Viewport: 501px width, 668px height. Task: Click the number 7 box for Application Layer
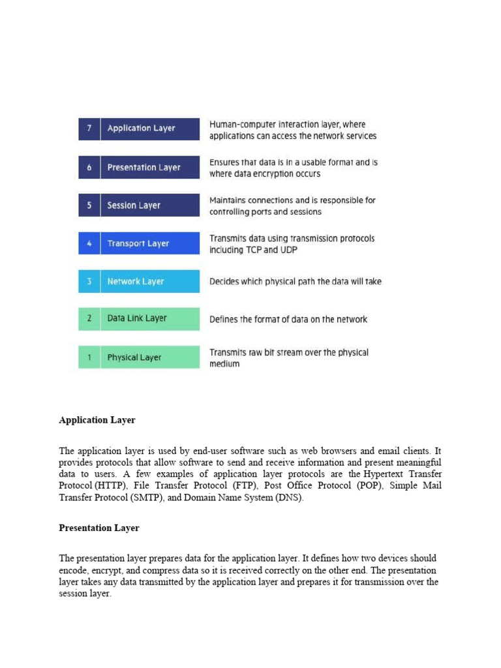[x=89, y=129]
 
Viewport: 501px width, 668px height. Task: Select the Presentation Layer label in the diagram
[x=144, y=168]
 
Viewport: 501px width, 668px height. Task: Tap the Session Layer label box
[x=134, y=205]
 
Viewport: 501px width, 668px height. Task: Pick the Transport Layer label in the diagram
[x=138, y=243]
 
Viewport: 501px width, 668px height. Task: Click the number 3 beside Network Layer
[x=89, y=282]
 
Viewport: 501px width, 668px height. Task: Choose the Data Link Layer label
[x=137, y=318]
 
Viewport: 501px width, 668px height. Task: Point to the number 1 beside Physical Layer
[x=89, y=357]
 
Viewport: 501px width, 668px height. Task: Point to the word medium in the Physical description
[x=224, y=364]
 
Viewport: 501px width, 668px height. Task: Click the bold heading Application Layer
[x=97, y=420]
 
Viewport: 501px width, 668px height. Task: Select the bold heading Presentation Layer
[x=99, y=528]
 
